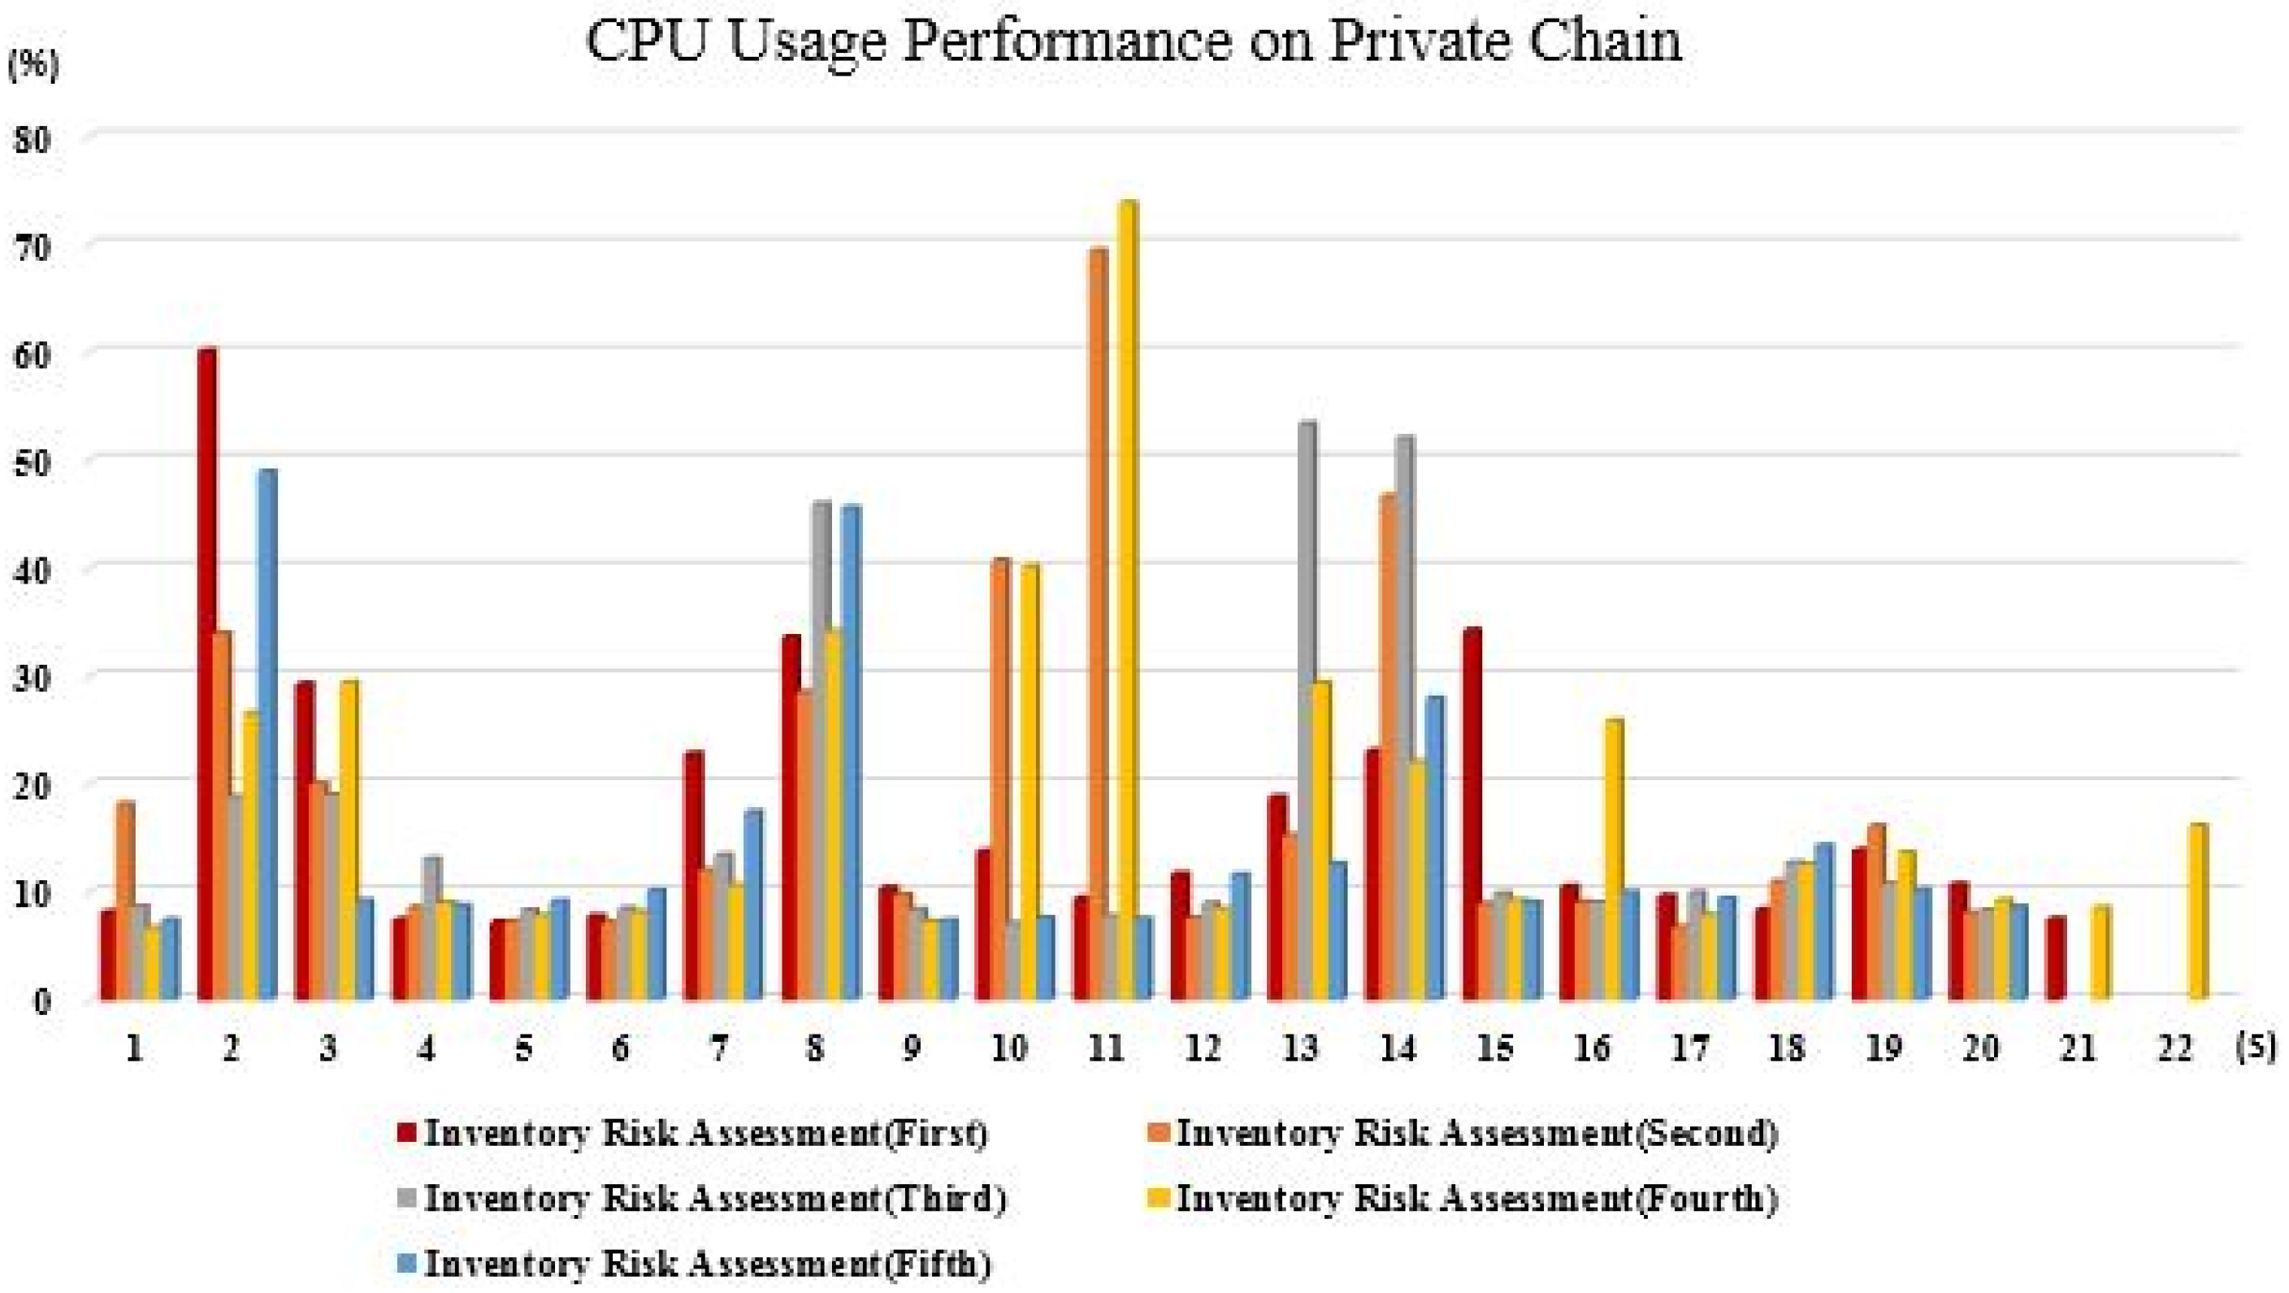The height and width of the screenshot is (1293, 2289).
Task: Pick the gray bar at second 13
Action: click(1307, 710)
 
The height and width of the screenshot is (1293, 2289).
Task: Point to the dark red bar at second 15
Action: click(1472, 814)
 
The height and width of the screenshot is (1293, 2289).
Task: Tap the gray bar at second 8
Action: click(822, 751)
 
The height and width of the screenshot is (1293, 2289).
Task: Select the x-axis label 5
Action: click(523, 1049)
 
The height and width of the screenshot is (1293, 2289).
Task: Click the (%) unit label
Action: click(32, 67)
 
